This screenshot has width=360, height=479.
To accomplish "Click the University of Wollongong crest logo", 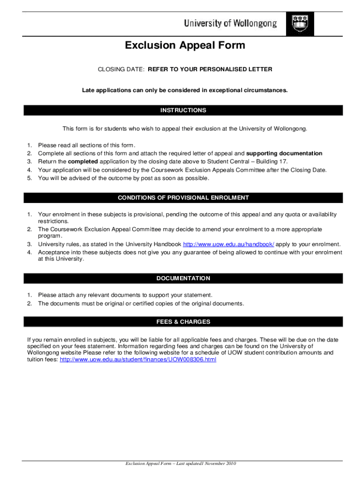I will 300,23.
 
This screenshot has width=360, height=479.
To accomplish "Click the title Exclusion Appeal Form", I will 185,45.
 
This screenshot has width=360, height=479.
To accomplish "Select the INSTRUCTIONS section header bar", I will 183,110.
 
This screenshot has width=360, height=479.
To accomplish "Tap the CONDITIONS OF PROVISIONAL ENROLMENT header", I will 183,198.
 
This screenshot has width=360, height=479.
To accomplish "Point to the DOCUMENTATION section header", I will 183,278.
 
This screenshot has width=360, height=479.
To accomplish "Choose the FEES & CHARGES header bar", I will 183,322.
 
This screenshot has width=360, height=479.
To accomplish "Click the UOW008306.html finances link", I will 138,360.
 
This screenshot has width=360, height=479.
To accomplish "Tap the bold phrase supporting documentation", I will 284,153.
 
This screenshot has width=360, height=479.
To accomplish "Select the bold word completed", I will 83,162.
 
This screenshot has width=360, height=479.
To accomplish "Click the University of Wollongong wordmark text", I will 230,23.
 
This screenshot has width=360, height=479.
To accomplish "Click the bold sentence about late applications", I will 185,90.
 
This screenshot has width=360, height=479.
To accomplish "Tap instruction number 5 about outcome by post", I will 124,178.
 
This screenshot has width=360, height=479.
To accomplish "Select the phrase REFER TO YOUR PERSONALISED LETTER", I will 210,69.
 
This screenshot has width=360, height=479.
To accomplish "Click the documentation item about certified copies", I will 141,304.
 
